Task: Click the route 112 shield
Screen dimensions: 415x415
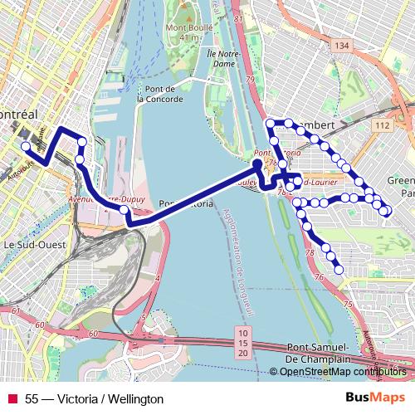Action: click(x=383, y=124)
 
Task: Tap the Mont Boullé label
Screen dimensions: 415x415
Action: click(x=189, y=31)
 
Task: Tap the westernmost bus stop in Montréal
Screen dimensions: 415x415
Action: click(x=26, y=147)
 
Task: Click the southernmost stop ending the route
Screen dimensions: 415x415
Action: click(x=339, y=269)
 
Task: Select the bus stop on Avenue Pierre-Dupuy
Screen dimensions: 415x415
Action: click(x=124, y=210)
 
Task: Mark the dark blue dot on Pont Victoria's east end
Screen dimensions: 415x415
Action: click(x=257, y=163)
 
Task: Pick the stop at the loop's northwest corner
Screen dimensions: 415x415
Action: click(x=269, y=123)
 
